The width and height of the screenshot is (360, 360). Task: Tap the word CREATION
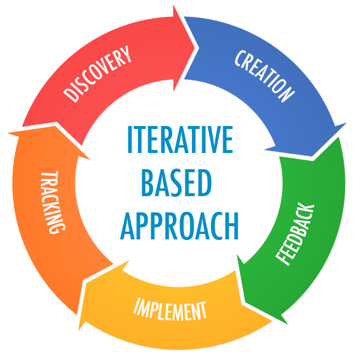pos(265,76)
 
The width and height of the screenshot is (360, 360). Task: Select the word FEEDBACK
pos(295,234)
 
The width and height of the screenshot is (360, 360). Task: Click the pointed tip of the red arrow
pos(195,43)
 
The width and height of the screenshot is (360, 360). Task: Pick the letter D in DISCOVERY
pos(71,95)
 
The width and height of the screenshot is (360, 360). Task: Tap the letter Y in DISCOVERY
pos(126,55)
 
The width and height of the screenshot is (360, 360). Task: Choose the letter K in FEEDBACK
pos(308,210)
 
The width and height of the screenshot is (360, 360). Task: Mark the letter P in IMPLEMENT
pos(154,307)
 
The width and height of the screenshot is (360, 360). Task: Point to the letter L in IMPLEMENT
pos(163,308)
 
